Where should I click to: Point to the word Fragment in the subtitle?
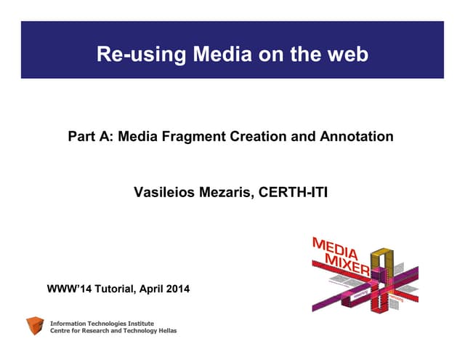[x=198, y=136]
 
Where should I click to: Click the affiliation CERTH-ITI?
[x=293, y=193]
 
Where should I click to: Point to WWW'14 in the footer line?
[x=70, y=289]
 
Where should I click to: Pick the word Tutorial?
[x=114, y=289]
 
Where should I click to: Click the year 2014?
[x=177, y=289]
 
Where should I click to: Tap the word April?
[x=149, y=289]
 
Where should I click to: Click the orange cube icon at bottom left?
[x=35, y=326]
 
